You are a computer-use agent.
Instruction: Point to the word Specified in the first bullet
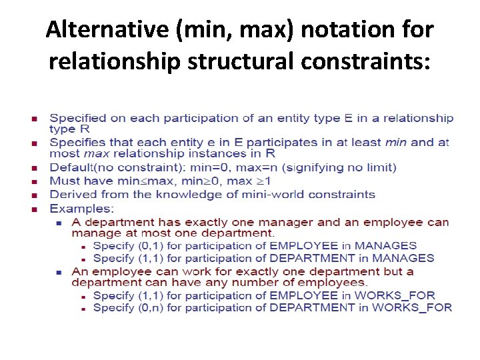coord(87,119)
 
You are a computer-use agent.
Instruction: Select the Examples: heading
coord(81,209)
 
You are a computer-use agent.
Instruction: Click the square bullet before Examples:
coord(34,209)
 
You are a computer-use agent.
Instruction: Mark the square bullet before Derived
coord(34,195)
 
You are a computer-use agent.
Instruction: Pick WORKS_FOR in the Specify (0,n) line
coord(412,307)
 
